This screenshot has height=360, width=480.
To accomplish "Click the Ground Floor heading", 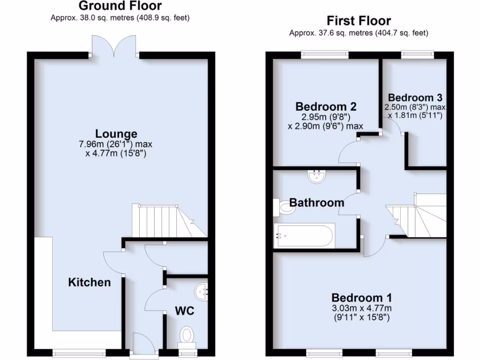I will click(x=120, y=6).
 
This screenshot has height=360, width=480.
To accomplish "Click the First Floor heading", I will click(x=359, y=21).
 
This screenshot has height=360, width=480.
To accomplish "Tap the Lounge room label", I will click(x=116, y=134).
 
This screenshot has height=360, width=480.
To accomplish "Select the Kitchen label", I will click(x=90, y=282).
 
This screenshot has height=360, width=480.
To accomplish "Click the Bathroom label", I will click(x=316, y=202).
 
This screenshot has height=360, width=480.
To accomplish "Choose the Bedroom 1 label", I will click(x=361, y=298).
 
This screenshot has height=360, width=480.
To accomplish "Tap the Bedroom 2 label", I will click(x=326, y=106).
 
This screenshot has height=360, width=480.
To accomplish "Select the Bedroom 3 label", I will click(x=415, y=97).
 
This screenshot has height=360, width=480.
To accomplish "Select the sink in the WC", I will click(x=203, y=291).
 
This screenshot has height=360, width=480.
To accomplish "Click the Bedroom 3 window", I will click(x=417, y=55).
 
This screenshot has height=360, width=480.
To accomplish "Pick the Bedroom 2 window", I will click(x=325, y=55).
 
